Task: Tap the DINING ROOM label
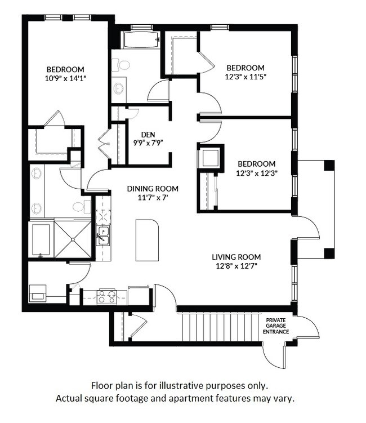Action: click(x=152, y=189)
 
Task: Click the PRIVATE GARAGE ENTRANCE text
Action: click(x=276, y=326)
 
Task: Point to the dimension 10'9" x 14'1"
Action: click(x=65, y=78)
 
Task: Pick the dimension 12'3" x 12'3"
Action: click(x=256, y=173)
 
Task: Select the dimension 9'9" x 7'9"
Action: click(x=148, y=143)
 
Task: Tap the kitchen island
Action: click(x=148, y=240)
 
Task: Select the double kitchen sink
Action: click(x=102, y=235)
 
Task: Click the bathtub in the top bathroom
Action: click(x=141, y=40)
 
